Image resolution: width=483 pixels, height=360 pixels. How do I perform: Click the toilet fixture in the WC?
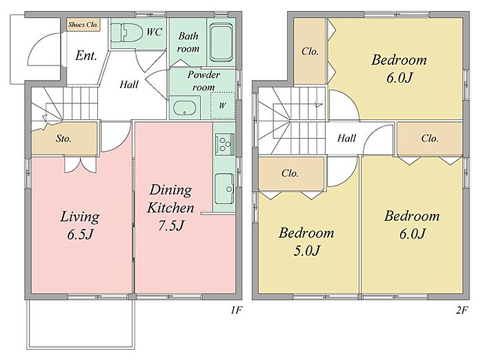126,32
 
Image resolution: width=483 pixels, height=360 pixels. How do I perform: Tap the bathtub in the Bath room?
221,42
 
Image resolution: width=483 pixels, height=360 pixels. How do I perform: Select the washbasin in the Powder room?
184,108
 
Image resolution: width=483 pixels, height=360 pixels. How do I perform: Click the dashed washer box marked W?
222,105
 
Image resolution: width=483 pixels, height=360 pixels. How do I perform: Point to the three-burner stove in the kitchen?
224,144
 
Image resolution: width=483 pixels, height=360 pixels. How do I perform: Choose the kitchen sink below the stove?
224,189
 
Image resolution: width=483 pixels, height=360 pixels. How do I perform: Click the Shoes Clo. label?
83,25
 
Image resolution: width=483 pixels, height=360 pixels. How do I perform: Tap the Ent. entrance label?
86,56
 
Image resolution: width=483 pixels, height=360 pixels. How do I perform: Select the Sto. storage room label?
63,139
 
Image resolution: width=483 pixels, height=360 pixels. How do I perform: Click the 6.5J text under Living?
80,234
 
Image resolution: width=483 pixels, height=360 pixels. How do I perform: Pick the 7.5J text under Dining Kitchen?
171,226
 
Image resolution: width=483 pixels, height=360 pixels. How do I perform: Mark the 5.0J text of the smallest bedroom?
306,250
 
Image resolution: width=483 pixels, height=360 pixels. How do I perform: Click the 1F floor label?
236,310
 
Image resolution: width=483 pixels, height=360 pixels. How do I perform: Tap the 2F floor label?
462,310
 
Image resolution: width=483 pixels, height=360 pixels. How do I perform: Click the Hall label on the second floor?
346,138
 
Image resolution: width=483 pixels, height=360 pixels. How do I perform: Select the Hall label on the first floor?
129,84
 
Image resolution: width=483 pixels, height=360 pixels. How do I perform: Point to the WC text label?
154,32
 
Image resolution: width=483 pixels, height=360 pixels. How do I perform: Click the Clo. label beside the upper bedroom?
310,51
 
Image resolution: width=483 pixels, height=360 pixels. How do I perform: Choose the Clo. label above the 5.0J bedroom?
290,173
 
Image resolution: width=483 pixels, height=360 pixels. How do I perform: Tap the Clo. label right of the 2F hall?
430,138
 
